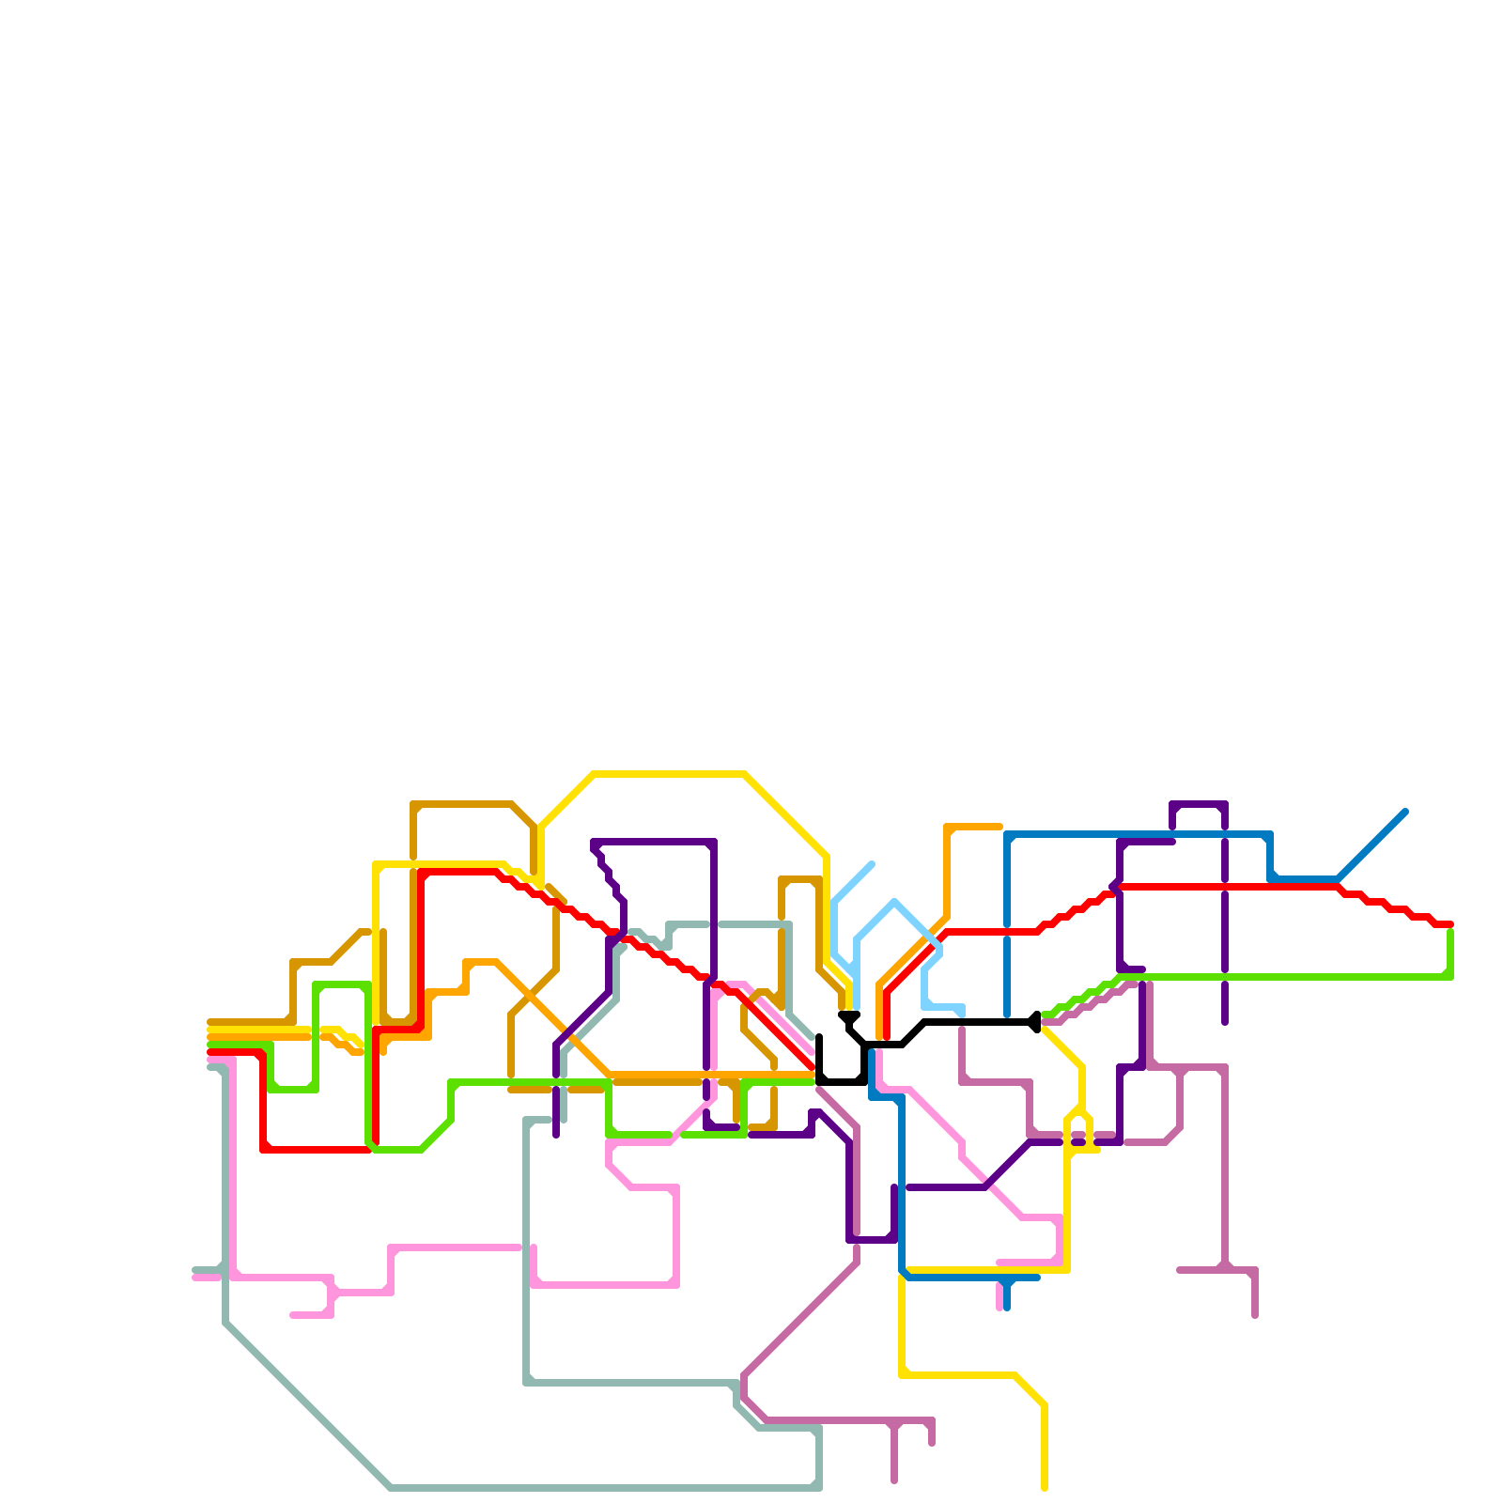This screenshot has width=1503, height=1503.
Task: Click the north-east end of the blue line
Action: click(x=1405, y=811)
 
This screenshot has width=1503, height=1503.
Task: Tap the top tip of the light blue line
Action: click(x=873, y=863)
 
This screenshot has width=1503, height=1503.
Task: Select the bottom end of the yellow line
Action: click(x=1045, y=1488)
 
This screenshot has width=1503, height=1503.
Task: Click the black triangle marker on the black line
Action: click(x=1034, y=1022)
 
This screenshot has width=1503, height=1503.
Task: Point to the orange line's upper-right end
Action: click(x=999, y=827)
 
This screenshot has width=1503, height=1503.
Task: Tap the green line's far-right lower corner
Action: click(x=1450, y=977)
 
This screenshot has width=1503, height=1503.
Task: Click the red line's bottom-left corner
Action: click(x=264, y=1149)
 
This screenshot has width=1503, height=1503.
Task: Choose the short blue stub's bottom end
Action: click(x=1007, y=1308)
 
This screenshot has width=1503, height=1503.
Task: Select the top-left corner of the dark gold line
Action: click(x=413, y=804)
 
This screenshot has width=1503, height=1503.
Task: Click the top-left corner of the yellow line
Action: click(x=376, y=864)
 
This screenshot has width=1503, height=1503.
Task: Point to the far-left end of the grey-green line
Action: click(x=194, y=1270)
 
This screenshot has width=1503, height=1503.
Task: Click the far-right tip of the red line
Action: click(x=1451, y=924)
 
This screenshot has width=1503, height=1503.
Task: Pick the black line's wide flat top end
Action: click(x=849, y=1015)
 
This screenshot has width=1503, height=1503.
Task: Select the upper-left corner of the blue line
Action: click(x=1007, y=834)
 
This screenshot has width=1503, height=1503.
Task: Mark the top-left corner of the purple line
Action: click(x=594, y=842)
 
